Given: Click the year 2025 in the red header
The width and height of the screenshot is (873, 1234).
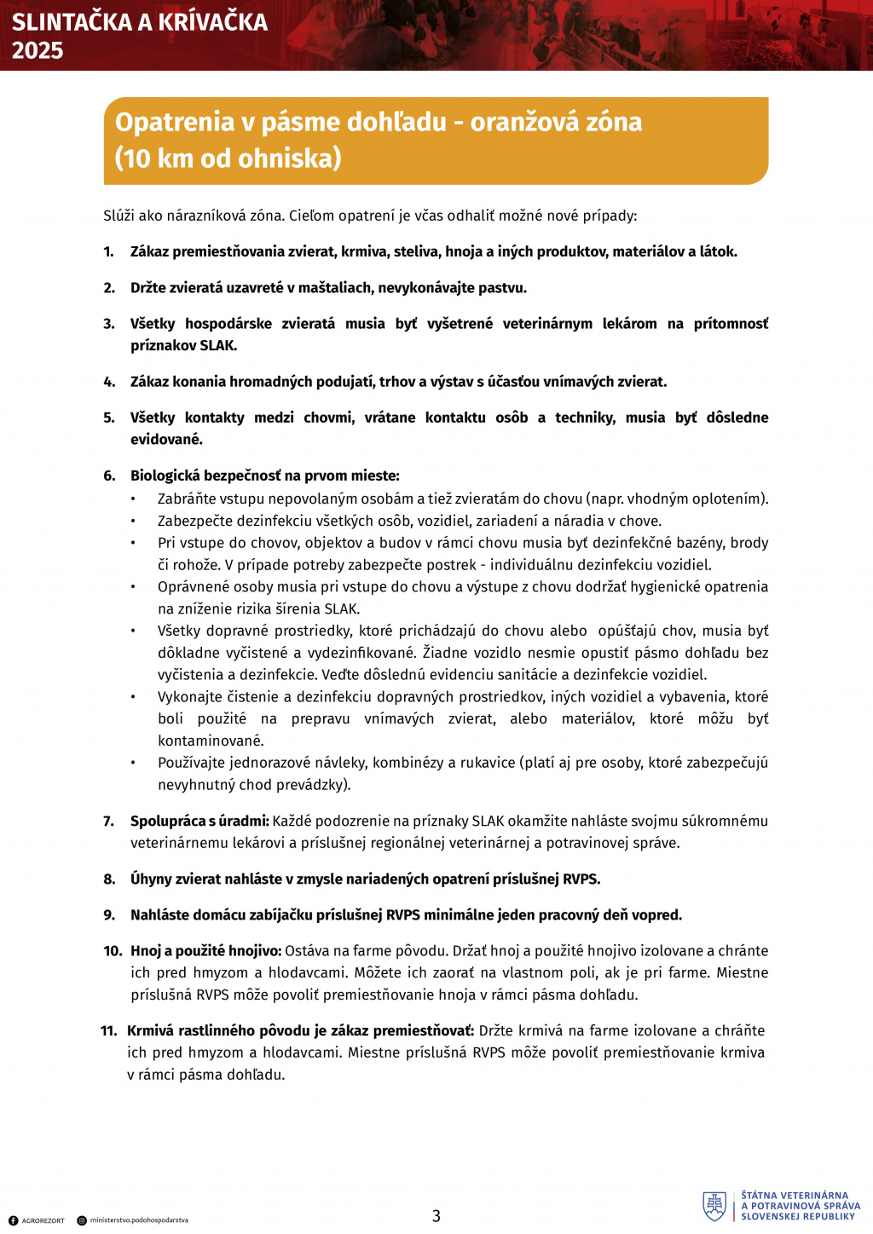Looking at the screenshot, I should point(38,50).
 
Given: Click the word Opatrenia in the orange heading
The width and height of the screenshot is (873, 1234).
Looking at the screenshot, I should point(174,122).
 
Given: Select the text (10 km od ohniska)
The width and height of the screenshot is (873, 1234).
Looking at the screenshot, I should point(228,159).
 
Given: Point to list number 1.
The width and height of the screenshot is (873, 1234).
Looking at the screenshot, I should point(108,252).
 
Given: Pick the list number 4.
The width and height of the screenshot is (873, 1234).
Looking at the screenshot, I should point(109,382).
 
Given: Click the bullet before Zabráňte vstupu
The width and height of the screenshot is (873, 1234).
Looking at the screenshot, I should point(133,499).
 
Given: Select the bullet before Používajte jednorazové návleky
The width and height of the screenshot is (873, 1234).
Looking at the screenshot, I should point(133,764).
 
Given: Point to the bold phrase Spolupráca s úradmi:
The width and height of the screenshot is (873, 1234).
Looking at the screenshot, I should point(199,822).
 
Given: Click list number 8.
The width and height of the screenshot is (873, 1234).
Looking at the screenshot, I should point(109,879).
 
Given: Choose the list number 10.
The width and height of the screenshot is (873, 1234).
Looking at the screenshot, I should point(113,951).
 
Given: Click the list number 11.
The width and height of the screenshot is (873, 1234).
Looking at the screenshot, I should point(109,1031).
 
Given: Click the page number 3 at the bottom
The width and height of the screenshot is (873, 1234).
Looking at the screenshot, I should point(436,1216).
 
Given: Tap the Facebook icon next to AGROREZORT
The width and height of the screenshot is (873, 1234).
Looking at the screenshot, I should point(13,1220).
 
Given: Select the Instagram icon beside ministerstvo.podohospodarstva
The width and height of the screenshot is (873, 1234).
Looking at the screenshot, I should point(82,1220).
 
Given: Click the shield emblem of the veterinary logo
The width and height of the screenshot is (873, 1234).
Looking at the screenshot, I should point(714,1206).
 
